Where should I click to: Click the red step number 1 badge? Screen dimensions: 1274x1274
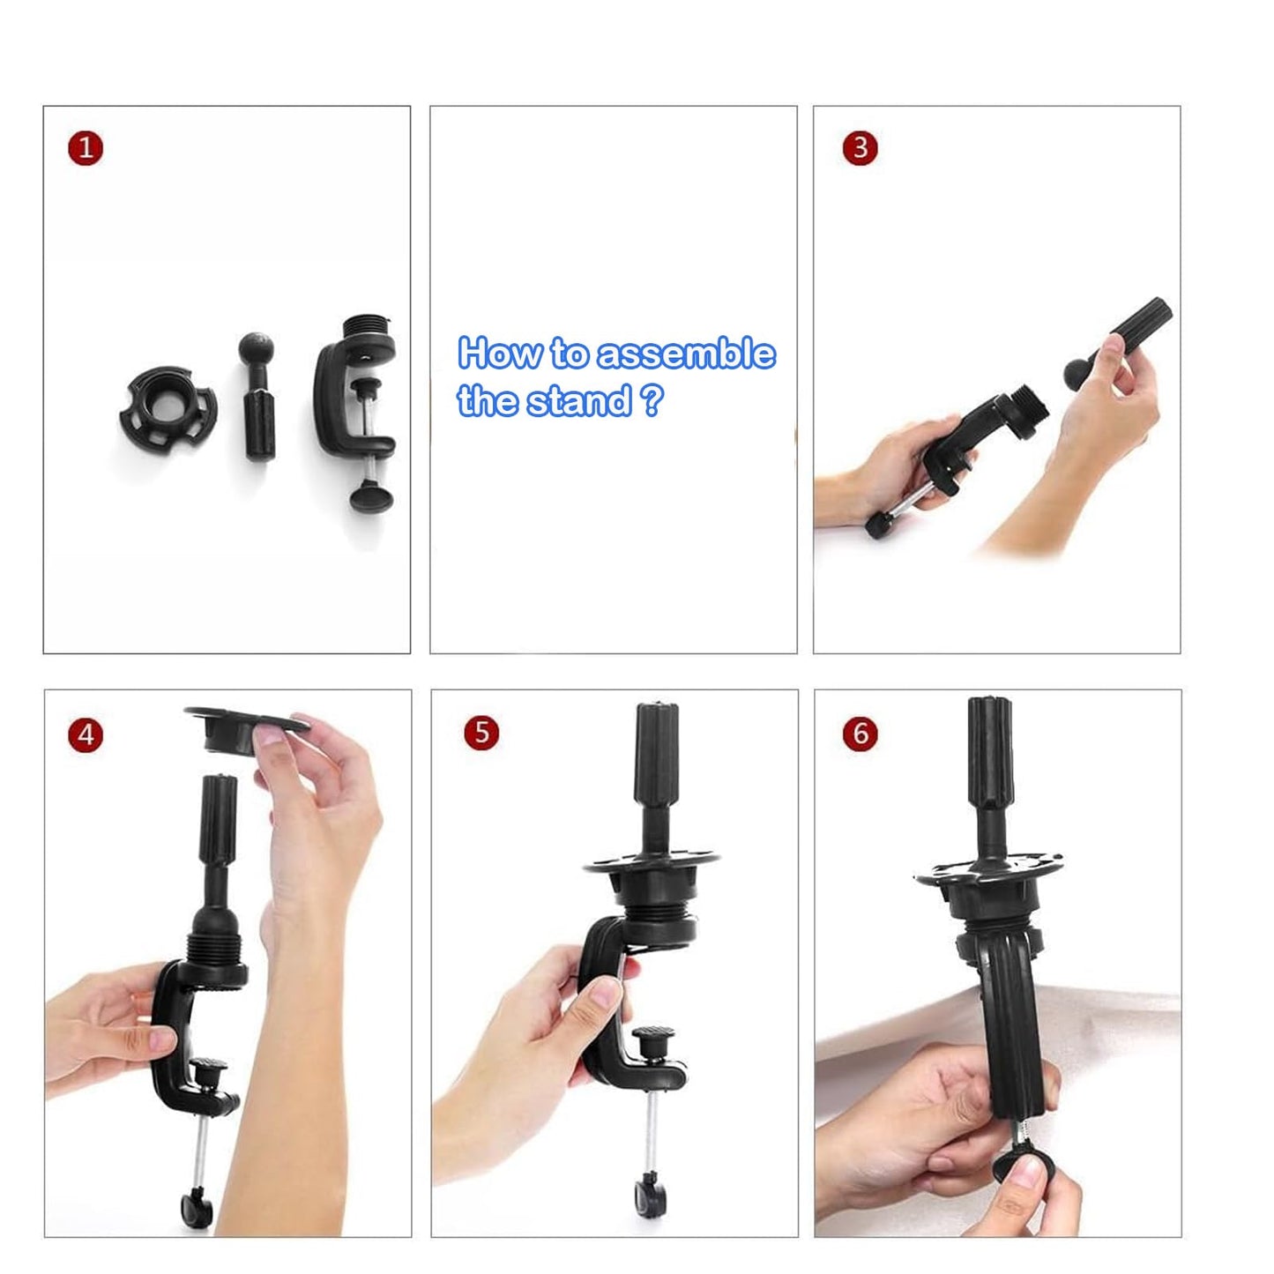tap(86, 148)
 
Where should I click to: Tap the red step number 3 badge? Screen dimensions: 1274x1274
tap(861, 148)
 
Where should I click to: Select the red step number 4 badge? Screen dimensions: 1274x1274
tap(86, 734)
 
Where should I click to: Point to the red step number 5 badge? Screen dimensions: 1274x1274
tap(481, 733)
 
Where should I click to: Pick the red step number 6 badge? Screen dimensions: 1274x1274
tap(861, 734)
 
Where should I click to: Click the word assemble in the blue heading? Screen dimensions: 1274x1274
tap(686, 354)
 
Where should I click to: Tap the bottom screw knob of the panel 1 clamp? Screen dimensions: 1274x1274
tap(371, 495)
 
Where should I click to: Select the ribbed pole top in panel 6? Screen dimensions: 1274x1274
tap(990, 752)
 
